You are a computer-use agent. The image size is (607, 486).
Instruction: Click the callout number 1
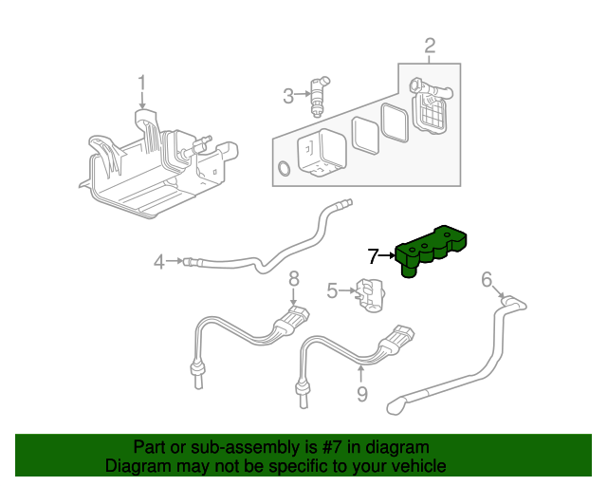pyautogui.click(x=142, y=84)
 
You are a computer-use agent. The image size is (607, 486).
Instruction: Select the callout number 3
pyautogui.click(x=288, y=95)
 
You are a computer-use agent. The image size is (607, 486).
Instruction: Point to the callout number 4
pyautogui.click(x=160, y=259)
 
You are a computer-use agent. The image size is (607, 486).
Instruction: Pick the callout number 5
pyautogui.click(x=332, y=290)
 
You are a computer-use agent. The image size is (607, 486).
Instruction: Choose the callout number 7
pyautogui.click(x=374, y=254)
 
